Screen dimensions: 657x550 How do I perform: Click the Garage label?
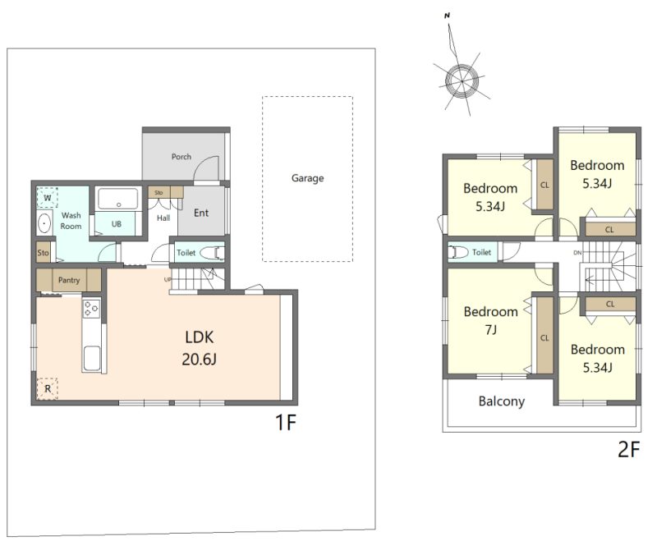pyautogui.click(x=307, y=178)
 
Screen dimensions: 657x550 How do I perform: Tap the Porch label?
pyautogui.click(x=181, y=157)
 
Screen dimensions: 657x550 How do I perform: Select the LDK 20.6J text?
pyautogui.click(x=199, y=348)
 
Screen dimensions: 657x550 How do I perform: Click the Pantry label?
pyautogui.click(x=69, y=280)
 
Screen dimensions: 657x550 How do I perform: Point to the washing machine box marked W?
pyautogui.click(x=48, y=198)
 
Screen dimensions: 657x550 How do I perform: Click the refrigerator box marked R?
pyautogui.click(x=47, y=389)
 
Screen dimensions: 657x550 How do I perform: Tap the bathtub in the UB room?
pyautogui.click(x=118, y=199)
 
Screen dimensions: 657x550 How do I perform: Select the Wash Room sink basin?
pyautogui.click(x=44, y=223)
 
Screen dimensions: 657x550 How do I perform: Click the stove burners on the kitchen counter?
pyautogui.click(x=91, y=309)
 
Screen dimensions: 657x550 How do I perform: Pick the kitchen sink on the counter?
pyautogui.click(x=92, y=358)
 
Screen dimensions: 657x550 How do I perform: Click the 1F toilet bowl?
pyautogui.click(x=212, y=253)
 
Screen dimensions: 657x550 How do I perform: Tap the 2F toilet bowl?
pyautogui.click(x=458, y=252)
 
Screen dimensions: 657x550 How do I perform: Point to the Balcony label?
pyautogui.click(x=502, y=401)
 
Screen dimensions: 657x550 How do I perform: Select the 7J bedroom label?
pyautogui.click(x=490, y=320)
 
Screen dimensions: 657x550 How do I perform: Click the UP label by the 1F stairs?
pyautogui.click(x=168, y=279)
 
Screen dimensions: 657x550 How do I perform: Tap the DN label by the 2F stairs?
pyautogui.click(x=577, y=253)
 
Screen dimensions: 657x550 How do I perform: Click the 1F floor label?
pyautogui.click(x=286, y=422)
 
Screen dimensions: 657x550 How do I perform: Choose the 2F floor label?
pyautogui.click(x=629, y=450)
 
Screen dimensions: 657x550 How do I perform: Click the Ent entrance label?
pyautogui.click(x=201, y=213)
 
